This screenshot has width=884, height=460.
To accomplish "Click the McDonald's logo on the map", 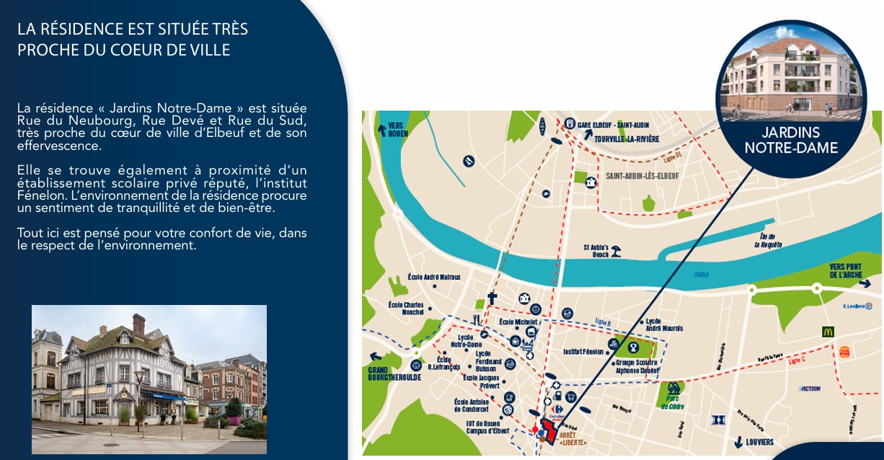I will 828,332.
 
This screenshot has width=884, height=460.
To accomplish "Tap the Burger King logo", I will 844,352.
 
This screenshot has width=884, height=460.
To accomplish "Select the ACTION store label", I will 810,389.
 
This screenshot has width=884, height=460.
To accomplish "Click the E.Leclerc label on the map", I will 857,306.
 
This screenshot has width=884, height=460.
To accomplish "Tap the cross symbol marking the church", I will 492,298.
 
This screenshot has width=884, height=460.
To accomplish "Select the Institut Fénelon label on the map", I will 583,352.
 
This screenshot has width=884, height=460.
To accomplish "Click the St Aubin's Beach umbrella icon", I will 616,251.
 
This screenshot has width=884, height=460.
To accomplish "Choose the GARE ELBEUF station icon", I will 570,123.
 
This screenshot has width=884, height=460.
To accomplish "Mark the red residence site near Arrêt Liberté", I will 549,432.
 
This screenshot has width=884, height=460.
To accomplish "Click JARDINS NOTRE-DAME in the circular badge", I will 791,141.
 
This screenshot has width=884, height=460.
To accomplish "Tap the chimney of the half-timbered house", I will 138,324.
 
